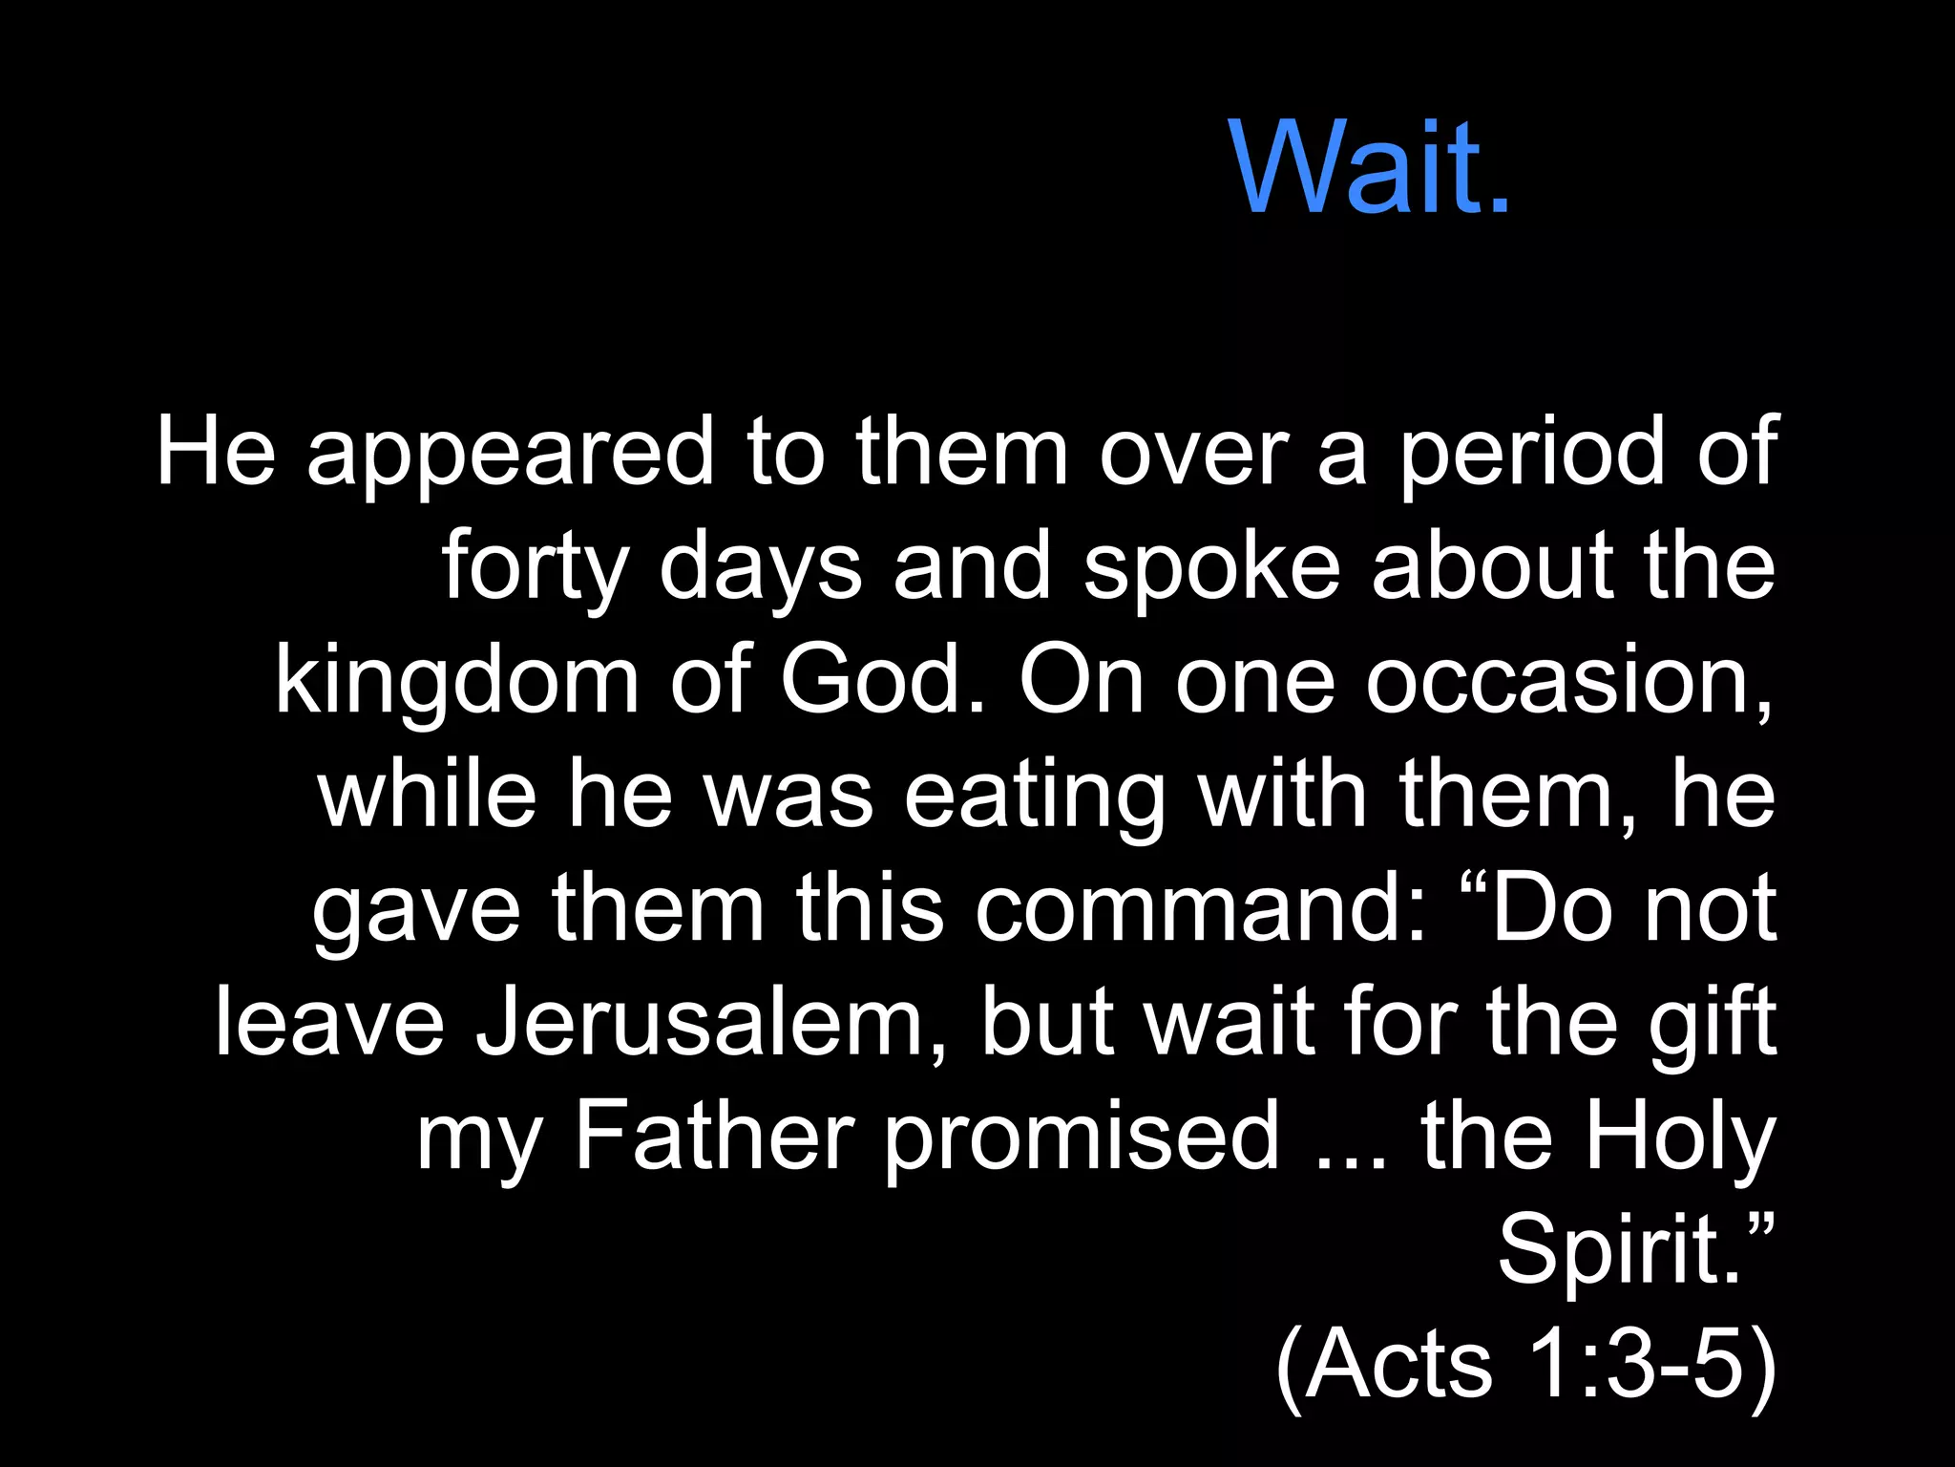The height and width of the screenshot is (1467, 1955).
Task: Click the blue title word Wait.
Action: (1371, 168)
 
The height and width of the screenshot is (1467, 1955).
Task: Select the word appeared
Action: (510, 454)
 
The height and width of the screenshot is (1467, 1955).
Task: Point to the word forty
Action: (535, 567)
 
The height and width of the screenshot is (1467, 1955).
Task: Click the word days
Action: (760, 567)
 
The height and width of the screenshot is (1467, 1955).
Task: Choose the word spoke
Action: (1212, 567)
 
